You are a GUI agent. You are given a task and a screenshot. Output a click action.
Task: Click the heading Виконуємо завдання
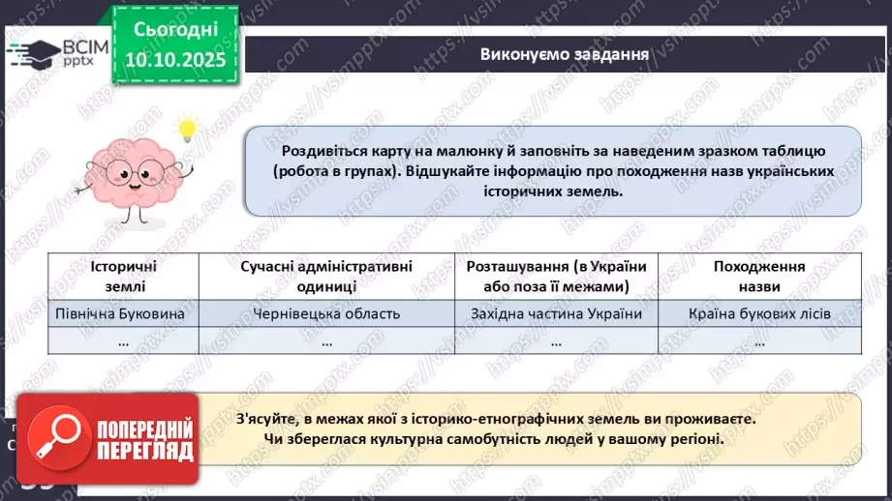click(564, 53)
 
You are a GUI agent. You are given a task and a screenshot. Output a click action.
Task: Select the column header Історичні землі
click(123, 276)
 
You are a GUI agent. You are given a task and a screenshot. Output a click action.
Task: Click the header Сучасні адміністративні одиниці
click(326, 276)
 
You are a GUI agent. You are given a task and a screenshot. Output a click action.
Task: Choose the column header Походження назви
click(759, 276)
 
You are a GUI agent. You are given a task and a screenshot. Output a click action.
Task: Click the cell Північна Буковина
click(123, 313)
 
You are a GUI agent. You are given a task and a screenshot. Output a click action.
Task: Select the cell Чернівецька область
click(326, 313)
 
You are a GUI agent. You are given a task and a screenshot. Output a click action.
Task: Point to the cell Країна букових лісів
click(759, 313)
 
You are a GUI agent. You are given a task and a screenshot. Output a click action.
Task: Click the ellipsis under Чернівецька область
click(326, 341)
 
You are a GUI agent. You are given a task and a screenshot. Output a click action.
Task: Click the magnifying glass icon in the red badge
click(57, 437)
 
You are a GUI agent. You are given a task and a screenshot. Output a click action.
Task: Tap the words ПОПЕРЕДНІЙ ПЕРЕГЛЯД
click(143, 438)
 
